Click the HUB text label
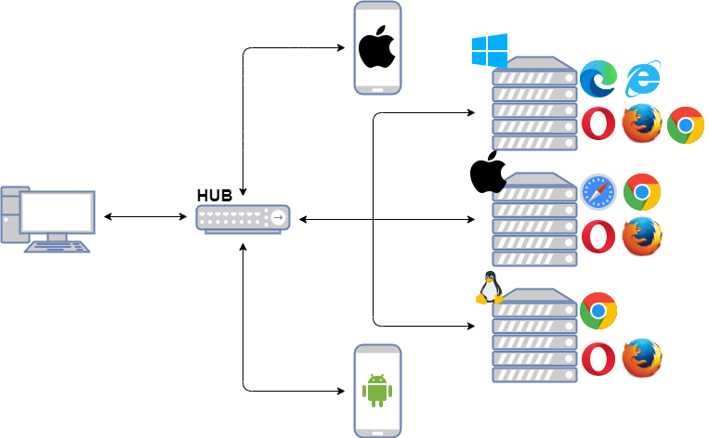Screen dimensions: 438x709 point(214,196)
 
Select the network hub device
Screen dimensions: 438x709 point(243,218)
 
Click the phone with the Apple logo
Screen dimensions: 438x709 point(377,47)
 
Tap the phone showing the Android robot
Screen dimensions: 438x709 point(377,390)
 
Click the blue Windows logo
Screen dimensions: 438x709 point(489,51)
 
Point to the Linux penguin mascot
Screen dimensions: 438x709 point(489,288)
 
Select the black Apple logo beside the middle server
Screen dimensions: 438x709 point(487,173)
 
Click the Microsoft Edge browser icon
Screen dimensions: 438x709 point(598,79)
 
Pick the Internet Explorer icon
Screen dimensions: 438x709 point(643,79)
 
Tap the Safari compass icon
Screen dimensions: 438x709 point(598,192)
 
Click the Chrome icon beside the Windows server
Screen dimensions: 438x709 point(686,125)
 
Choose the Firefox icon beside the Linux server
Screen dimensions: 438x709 point(642,358)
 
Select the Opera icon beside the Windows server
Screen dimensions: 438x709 point(598,124)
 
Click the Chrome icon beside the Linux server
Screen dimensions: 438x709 point(598,311)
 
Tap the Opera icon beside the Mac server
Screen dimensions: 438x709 point(598,237)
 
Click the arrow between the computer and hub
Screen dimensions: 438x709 point(145,217)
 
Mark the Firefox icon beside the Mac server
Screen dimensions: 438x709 point(642,237)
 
